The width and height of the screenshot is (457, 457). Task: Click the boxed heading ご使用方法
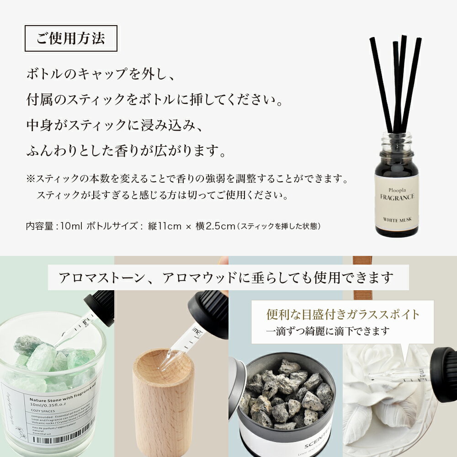click(x=71, y=38)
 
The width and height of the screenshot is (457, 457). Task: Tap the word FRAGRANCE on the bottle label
click(x=397, y=197)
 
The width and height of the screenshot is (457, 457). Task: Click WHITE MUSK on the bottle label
click(x=397, y=220)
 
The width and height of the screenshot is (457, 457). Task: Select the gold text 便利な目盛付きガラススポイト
click(x=343, y=314)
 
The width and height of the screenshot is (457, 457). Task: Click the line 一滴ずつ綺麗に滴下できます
click(x=329, y=330)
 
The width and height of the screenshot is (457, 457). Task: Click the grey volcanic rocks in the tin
click(x=286, y=393)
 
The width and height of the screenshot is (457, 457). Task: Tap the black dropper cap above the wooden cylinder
click(x=208, y=315)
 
